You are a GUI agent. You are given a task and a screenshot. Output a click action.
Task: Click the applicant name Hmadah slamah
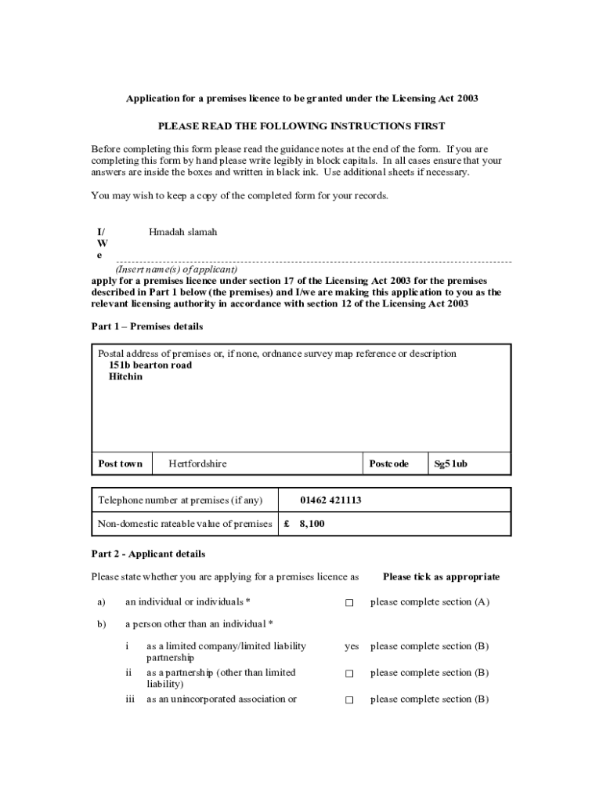coord(182,232)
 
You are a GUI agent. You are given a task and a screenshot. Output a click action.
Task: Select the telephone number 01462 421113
coord(330,500)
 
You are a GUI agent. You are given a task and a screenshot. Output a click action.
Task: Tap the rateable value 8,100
coord(312,523)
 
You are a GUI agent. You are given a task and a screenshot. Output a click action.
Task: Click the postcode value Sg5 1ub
coord(451,463)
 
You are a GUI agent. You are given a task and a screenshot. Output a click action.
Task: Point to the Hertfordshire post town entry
coord(197,463)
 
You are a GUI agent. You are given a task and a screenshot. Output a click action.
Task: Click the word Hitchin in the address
coord(126,377)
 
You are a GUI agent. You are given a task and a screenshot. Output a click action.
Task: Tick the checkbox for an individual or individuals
coord(349,602)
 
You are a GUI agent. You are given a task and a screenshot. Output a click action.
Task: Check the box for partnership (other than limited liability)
coord(349,673)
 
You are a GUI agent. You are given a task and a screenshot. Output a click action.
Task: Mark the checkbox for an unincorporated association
coord(349,699)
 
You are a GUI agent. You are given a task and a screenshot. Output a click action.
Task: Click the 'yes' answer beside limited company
coord(352,646)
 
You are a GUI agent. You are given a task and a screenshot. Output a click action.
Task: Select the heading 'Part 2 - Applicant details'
coord(149,554)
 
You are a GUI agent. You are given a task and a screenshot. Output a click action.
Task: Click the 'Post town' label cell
coord(121,463)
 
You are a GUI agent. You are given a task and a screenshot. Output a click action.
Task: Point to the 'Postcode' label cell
coord(389,463)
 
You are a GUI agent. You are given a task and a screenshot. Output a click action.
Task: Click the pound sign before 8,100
coord(287,523)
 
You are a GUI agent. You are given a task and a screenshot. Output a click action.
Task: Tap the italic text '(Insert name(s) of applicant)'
coord(177,269)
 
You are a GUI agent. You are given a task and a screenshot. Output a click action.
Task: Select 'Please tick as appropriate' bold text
coord(441,576)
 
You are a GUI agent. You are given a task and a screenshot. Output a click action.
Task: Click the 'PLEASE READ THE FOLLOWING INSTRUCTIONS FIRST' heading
coord(301,125)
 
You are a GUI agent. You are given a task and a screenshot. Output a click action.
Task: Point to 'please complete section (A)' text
coord(430,602)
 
